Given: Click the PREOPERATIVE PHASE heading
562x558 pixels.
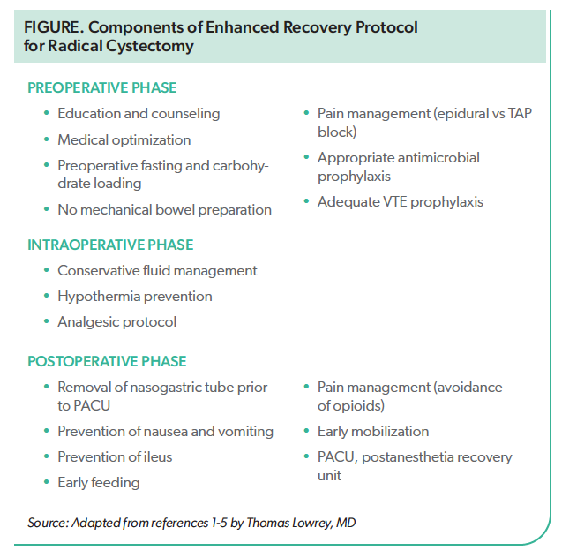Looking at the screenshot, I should coord(101,87).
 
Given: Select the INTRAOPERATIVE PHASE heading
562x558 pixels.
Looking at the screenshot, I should coord(110,245).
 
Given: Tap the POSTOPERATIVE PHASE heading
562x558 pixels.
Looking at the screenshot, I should coord(107,361).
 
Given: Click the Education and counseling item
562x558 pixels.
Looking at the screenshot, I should coord(139,114).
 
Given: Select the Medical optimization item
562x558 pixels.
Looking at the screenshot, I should coord(124,139).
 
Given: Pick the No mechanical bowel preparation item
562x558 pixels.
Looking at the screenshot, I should coord(164,210).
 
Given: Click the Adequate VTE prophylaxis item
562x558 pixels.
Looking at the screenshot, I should coord(400,201).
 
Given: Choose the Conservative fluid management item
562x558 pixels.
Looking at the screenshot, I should coord(157,271).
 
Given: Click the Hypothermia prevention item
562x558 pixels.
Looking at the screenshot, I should coord(134,297).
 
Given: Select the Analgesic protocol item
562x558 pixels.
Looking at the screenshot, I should coord(116,322).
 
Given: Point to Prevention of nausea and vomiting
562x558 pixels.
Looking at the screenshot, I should coord(165,432).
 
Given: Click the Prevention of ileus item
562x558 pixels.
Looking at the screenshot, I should coord(115,457).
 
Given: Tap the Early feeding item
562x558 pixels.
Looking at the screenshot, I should coord(98,483).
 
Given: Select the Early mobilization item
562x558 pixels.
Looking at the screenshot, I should coord(372,432).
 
